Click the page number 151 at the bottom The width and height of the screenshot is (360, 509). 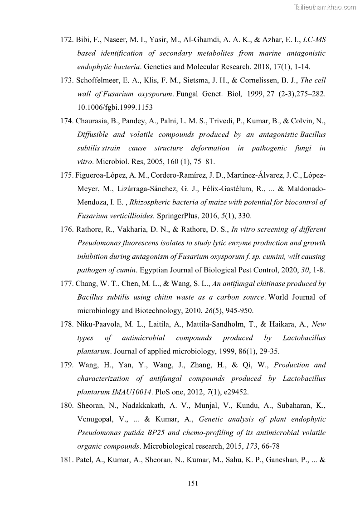(193, 484)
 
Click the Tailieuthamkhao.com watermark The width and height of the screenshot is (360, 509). (326, 7)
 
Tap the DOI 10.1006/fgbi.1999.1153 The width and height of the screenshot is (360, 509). (115, 107)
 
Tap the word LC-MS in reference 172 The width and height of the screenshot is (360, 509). (315, 40)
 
